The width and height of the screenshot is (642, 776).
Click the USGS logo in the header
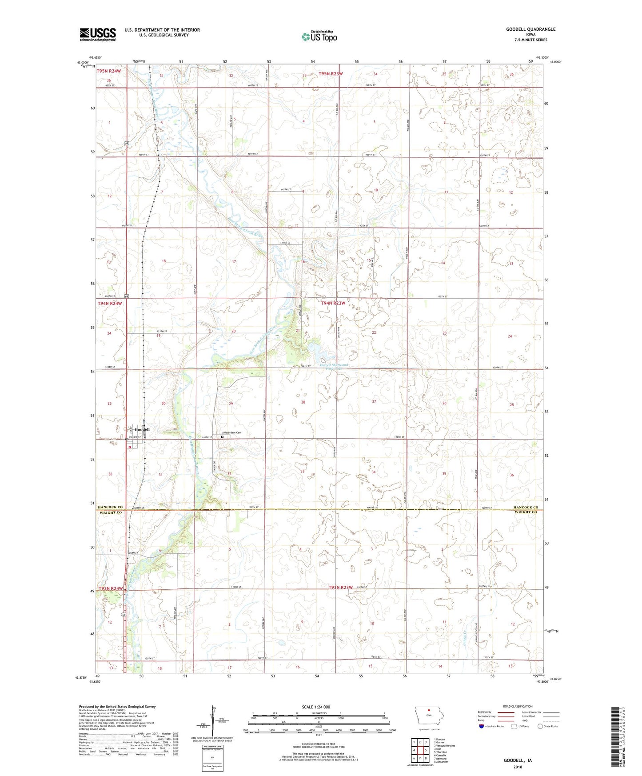98,34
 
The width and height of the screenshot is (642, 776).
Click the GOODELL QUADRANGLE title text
530,29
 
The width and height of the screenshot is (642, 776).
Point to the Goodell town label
142,430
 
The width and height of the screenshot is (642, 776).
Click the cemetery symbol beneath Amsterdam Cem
223,437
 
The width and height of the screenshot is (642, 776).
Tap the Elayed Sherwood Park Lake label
334,367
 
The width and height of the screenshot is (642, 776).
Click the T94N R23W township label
333,303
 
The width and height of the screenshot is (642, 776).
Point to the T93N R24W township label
110,588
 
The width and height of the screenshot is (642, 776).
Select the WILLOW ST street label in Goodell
135,437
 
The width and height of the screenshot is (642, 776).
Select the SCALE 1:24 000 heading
316,707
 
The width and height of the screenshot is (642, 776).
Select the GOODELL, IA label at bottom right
518,760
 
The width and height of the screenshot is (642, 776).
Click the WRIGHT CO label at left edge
111,512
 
